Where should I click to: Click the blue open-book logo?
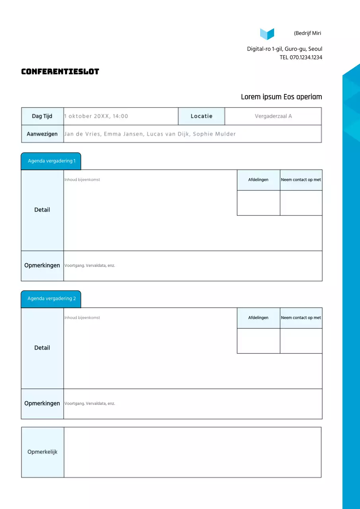click(267, 34)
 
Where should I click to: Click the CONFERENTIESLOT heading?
click(60, 72)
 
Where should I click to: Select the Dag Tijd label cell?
click(42, 116)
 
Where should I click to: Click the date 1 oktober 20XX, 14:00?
click(96, 116)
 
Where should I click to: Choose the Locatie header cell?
click(201, 116)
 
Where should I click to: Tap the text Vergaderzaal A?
click(273, 116)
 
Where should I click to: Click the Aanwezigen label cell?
click(42, 134)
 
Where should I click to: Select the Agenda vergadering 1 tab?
click(51, 161)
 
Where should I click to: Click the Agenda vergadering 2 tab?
click(51, 299)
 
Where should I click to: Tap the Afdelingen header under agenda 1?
click(258, 180)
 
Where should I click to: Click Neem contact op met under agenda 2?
click(301, 318)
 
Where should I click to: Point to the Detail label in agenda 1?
click(42, 210)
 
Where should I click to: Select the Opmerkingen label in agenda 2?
click(42, 403)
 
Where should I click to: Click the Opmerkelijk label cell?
click(43, 452)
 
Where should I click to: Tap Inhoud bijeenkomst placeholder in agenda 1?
click(82, 180)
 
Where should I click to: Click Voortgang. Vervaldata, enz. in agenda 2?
click(90, 404)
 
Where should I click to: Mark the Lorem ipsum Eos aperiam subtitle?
click(281, 97)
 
